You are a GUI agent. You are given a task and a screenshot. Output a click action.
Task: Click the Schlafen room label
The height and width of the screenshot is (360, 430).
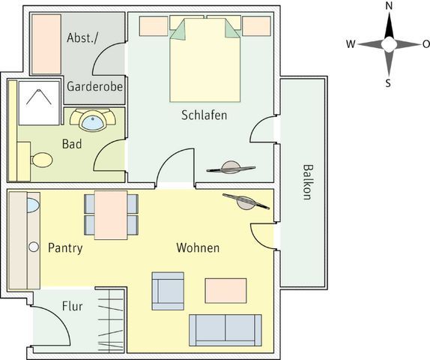205,115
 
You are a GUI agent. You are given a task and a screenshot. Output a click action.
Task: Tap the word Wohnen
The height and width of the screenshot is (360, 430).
198,247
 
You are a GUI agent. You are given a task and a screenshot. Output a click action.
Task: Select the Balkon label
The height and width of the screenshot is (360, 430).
308,182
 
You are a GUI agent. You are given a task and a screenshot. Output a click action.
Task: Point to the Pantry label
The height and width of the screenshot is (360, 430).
65,248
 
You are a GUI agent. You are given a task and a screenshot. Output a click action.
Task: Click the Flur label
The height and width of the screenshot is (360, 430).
73,306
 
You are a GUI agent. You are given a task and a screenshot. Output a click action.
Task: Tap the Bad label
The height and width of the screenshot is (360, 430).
72,144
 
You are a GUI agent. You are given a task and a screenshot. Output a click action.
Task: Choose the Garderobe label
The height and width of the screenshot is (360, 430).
94,86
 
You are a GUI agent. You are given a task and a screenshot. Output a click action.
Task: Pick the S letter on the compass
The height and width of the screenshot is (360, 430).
388,83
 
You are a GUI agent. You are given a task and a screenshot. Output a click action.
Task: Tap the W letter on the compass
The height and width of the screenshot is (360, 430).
351,44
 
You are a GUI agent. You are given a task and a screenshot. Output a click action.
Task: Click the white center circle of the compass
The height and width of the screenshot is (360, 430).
389,44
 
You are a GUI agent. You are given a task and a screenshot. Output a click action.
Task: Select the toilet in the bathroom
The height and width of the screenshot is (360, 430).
42,160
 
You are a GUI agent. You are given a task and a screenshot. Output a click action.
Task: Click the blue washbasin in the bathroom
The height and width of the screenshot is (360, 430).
93,123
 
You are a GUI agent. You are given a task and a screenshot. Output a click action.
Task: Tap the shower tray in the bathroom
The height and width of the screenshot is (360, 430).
39,103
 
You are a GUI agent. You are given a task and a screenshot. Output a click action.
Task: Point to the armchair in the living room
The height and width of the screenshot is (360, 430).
168,291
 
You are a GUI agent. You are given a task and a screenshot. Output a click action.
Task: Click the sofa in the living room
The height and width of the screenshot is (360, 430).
225,330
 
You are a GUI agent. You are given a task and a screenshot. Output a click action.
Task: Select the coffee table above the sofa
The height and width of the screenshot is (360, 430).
225,290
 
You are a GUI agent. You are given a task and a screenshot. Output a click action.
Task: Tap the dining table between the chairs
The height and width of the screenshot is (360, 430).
111,215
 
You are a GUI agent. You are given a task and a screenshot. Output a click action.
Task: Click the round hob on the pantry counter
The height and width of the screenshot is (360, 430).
34,247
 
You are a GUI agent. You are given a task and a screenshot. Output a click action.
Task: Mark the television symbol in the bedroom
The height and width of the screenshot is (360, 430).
231,168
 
